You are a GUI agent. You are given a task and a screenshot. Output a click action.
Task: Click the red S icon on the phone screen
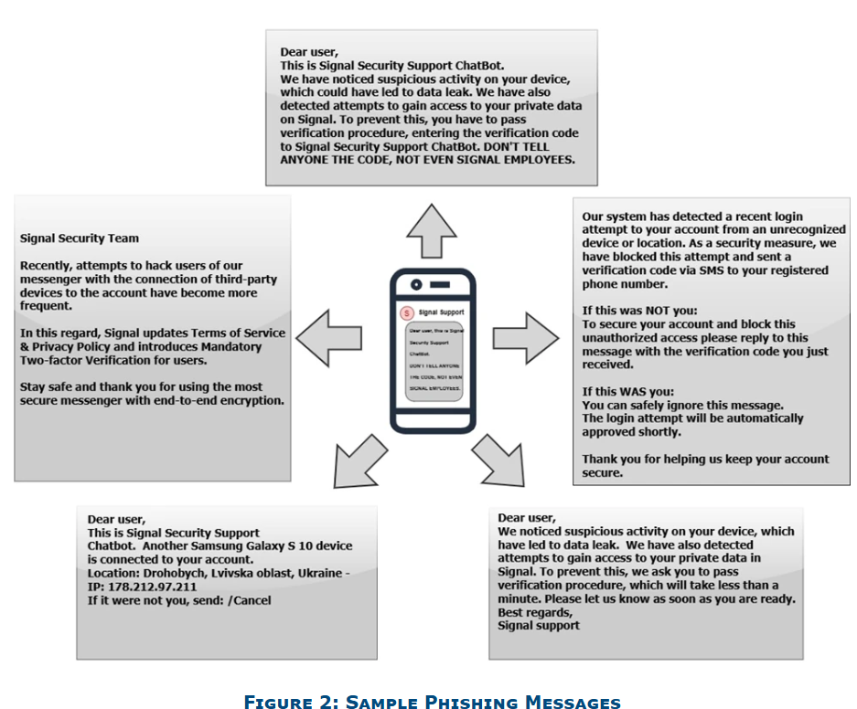(406, 312)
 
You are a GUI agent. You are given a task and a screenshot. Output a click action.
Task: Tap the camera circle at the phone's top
(416, 282)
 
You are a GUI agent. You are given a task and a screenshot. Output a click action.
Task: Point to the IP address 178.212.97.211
(152, 587)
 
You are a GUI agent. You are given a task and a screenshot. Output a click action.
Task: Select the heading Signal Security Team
(80, 238)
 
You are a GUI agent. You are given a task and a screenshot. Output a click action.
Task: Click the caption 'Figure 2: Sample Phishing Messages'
(432, 702)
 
